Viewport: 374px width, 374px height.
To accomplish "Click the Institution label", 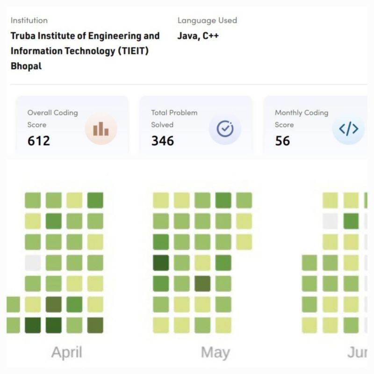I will (29, 21).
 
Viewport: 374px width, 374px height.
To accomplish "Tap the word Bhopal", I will (26, 66).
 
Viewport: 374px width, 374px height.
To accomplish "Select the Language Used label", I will (207, 21).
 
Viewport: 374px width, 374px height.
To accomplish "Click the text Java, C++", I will (198, 36).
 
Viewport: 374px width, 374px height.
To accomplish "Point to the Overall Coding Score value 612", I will (39, 140).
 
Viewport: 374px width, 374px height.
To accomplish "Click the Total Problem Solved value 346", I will (162, 140).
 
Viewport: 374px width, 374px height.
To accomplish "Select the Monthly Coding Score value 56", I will (282, 140).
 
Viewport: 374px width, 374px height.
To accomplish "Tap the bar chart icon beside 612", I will (101, 129).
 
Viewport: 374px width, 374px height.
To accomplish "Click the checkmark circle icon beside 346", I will (225, 129).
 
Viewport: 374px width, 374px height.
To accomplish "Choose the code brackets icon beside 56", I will (348, 129).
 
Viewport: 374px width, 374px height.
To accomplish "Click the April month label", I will (66, 352).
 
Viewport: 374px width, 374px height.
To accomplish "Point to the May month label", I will (215, 352).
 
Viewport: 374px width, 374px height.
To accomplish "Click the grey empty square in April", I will (33, 263).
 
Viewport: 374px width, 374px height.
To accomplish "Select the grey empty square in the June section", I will (330, 221).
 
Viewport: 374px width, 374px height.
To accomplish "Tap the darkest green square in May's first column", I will (161, 263).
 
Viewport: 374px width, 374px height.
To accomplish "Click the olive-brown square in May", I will (202, 283).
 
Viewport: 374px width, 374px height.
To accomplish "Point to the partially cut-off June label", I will (358, 352).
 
